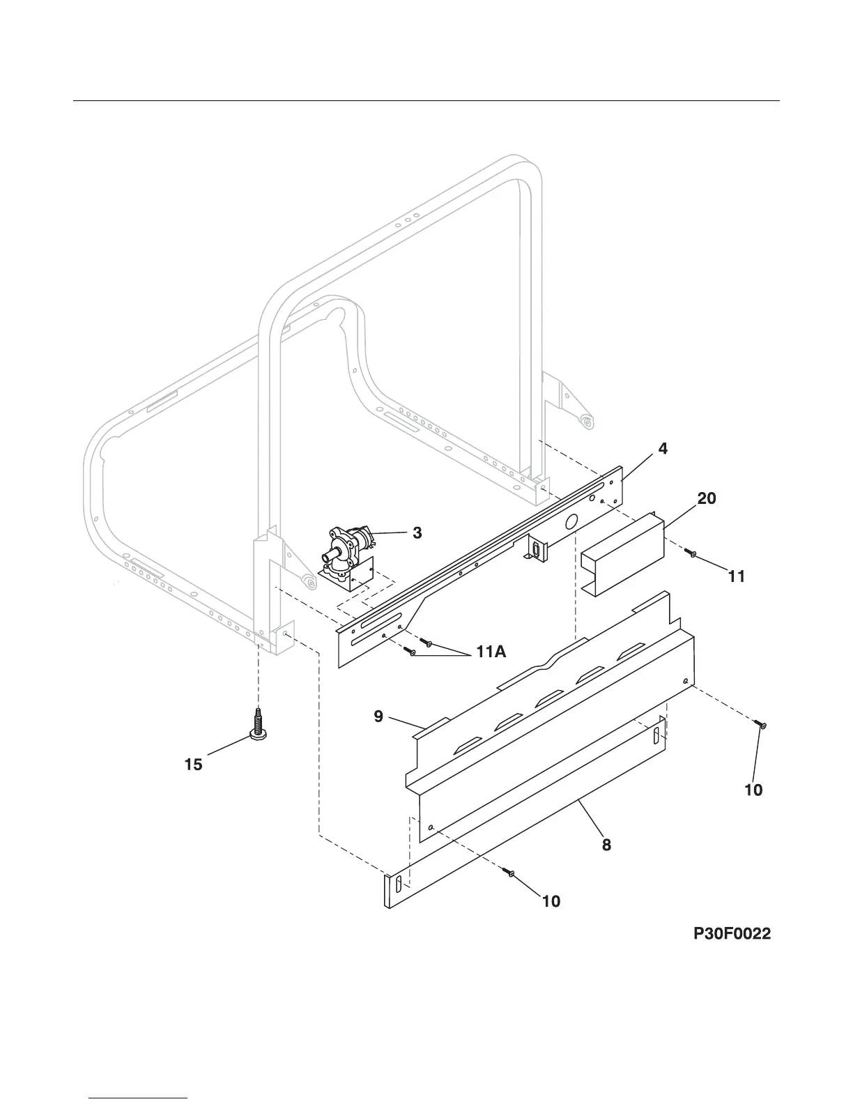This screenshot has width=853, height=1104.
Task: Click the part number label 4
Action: tap(663, 450)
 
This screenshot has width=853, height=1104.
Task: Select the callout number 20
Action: tap(707, 498)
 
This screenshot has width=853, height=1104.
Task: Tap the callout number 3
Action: tap(417, 533)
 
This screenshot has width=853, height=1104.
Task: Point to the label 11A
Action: tap(491, 652)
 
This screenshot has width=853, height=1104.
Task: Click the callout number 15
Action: tap(193, 765)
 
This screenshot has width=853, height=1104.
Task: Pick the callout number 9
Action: tap(378, 716)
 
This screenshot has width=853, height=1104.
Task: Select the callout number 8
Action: tap(606, 845)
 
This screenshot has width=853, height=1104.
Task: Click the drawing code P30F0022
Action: tap(732, 934)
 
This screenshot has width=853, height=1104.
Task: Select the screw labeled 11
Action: tap(691, 553)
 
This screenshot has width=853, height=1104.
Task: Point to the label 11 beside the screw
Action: tap(736, 576)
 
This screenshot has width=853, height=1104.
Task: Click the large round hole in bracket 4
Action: tap(571, 521)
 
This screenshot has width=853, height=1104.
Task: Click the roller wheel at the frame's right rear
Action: tap(587, 421)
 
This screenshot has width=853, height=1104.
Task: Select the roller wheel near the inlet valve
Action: tap(305, 581)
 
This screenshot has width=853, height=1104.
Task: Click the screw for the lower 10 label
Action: tap(512, 874)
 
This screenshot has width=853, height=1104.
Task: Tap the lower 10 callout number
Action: tap(551, 901)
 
